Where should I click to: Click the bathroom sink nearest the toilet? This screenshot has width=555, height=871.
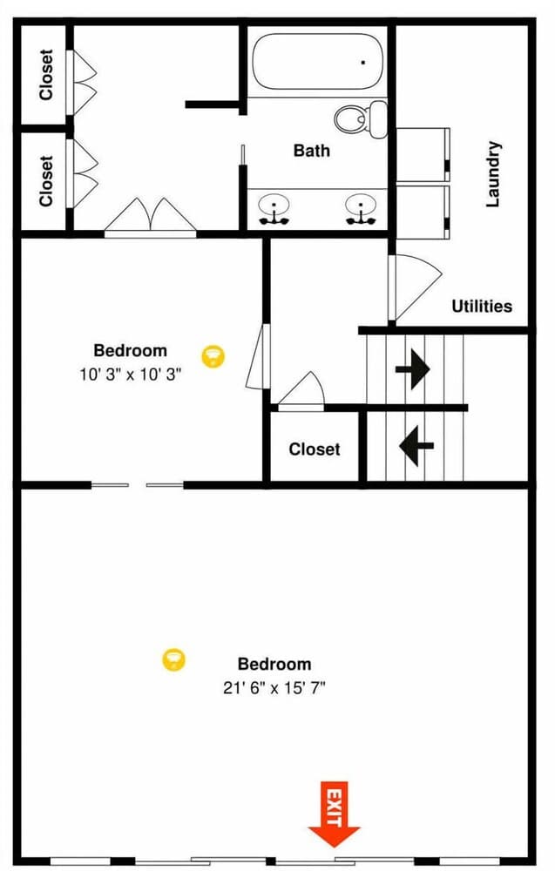pyautogui.click(x=359, y=210)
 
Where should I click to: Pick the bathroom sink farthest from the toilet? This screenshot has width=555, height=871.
pyautogui.click(x=274, y=210)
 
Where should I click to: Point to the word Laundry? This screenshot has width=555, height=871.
pyautogui.click(x=493, y=173)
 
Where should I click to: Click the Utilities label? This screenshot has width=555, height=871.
pyautogui.click(x=481, y=306)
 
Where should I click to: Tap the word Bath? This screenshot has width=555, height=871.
pyautogui.click(x=311, y=151)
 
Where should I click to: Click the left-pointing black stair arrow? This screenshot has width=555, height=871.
pyautogui.click(x=416, y=445)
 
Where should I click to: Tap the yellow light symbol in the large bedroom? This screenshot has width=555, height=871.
pyautogui.click(x=174, y=659)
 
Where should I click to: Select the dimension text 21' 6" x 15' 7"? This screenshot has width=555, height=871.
pyautogui.click(x=274, y=687)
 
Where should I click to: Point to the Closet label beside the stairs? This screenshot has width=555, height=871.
pyautogui.click(x=315, y=449)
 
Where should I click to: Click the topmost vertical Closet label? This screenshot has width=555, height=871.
pyautogui.click(x=46, y=74)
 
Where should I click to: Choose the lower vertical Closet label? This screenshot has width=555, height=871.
pyautogui.click(x=46, y=180)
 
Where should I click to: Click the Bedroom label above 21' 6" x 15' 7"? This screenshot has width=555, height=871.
pyautogui.click(x=274, y=664)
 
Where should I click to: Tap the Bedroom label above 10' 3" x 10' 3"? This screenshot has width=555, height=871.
pyautogui.click(x=130, y=351)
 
